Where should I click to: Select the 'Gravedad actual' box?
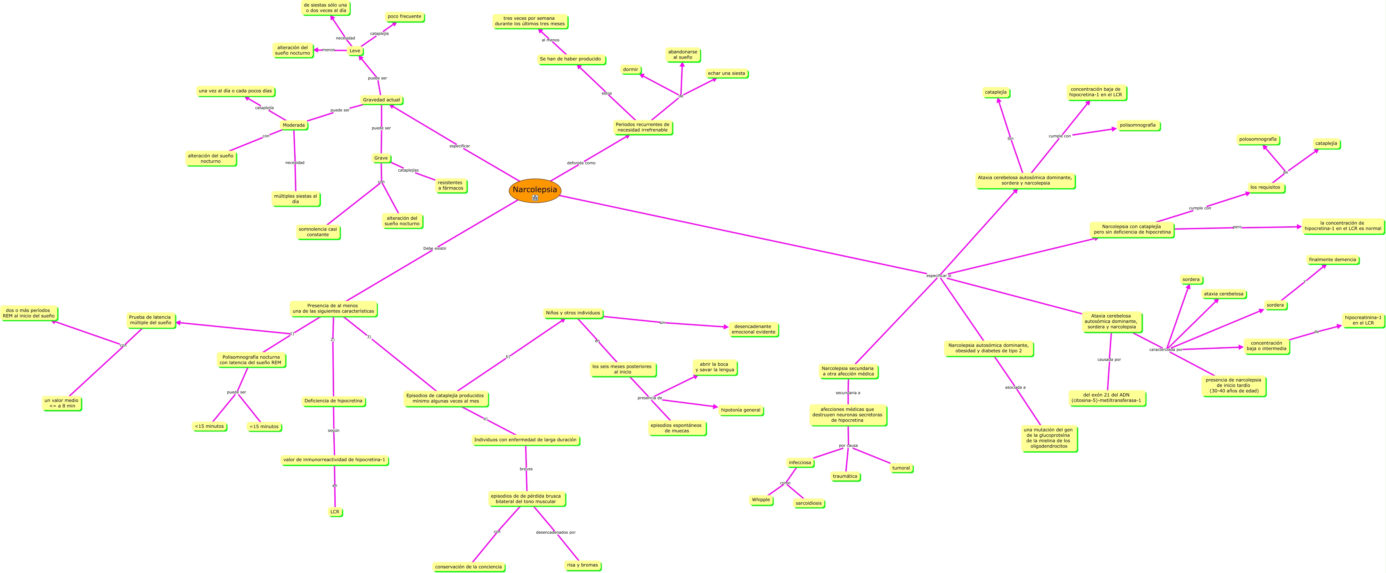pyautogui.click(x=381, y=100)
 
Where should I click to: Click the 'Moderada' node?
pyautogui.click(x=294, y=125)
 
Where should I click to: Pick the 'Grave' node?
pyautogui.click(x=381, y=158)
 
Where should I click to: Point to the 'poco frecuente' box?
pyautogui.click(x=404, y=17)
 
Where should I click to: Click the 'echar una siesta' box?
pyautogui.click(x=726, y=74)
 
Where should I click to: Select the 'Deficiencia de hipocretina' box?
pyautogui.click(x=334, y=401)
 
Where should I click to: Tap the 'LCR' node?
pyautogui.click(x=335, y=512)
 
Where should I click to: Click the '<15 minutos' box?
pyautogui.click(x=209, y=426)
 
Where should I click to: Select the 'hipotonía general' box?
pyautogui.click(x=740, y=410)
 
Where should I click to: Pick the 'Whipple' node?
pyautogui.click(x=761, y=500)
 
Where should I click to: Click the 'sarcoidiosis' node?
pyautogui.click(x=809, y=504)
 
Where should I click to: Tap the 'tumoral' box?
pyautogui.click(x=901, y=468)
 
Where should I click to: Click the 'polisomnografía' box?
pyautogui.click(x=1137, y=125)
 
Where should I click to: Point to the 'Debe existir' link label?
pyautogui.click(x=435, y=249)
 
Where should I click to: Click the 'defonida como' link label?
pyautogui.click(x=581, y=163)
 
